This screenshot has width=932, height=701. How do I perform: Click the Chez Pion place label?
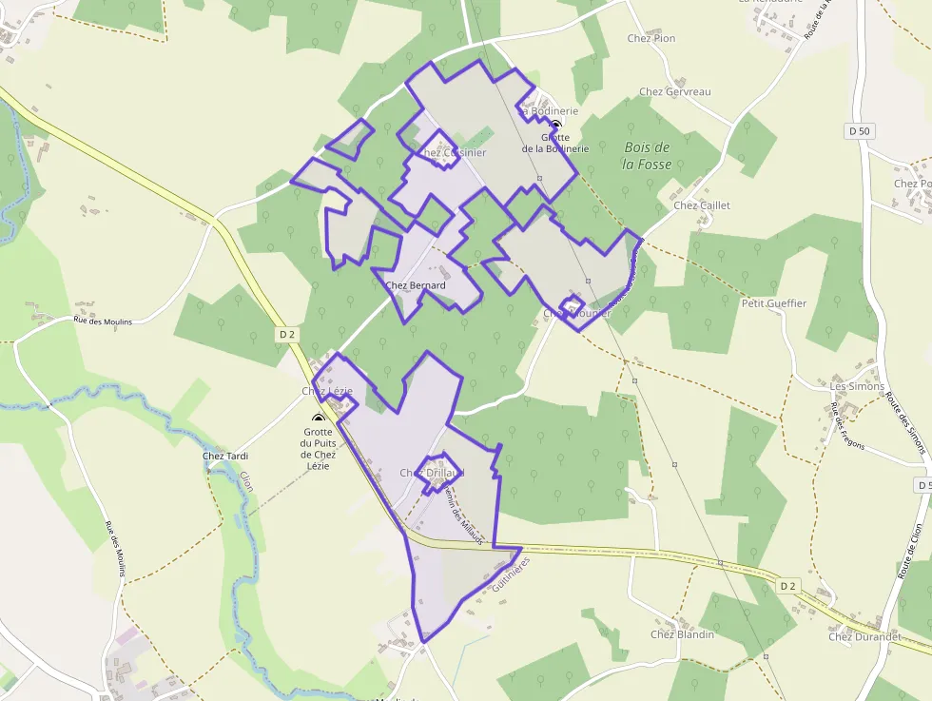point(651,38)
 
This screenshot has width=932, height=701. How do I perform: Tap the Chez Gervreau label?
point(675,92)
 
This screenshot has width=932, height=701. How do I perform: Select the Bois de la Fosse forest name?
point(647,156)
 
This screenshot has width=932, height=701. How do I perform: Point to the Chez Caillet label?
point(702,205)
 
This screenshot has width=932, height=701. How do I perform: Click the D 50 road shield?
point(858,130)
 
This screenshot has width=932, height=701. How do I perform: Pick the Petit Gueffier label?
point(773,303)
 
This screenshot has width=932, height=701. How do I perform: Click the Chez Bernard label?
point(416,284)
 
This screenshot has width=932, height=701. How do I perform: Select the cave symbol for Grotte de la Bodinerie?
point(556,124)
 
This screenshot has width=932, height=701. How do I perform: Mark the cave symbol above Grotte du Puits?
point(319,418)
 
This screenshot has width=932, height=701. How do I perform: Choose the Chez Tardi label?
point(225,456)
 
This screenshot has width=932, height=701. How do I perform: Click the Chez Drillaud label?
point(432,473)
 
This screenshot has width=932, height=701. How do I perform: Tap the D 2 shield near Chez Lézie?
point(288,335)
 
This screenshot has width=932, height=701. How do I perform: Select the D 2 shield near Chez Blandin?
point(786,586)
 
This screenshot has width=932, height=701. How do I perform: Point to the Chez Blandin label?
point(682,634)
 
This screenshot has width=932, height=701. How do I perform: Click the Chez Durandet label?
point(864,636)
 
